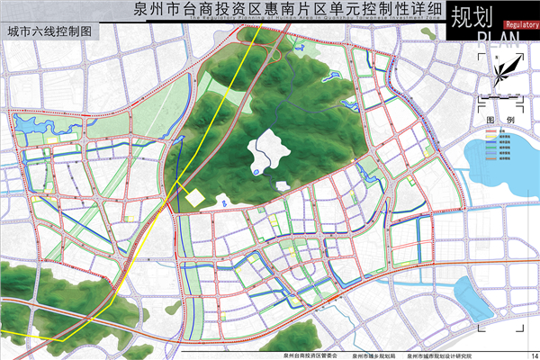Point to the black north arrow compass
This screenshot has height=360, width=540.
click(x=500, y=70)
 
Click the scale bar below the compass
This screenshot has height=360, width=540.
click(x=499, y=97)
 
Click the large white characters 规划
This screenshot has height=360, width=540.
click(x=472, y=16)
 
